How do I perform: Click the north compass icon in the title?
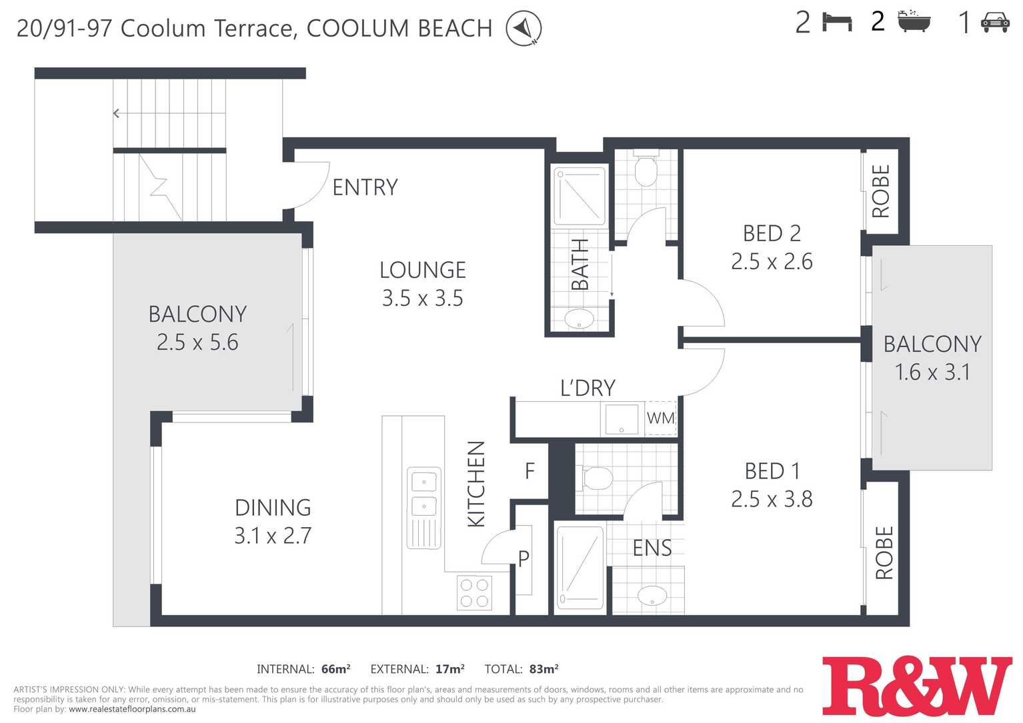click(x=524, y=28)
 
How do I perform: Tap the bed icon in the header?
click(x=837, y=22)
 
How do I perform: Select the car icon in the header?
click(x=995, y=23)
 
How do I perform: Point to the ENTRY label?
click(x=365, y=187)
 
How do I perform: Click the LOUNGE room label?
click(x=422, y=270)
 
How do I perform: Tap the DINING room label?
click(x=273, y=508)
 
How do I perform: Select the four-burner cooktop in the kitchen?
click(x=474, y=593)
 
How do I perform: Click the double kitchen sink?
click(x=424, y=508)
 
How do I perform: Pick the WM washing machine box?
click(x=660, y=418)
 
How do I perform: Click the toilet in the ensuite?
click(x=595, y=478)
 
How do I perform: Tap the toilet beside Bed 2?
click(x=646, y=169)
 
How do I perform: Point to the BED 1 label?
click(x=772, y=471)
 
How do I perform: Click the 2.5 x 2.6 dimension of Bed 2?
click(x=772, y=261)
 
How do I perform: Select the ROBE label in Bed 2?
click(x=881, y=191)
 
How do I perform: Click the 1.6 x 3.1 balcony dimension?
click(x=932, y=372)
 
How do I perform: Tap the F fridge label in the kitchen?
click(x=530, y=471)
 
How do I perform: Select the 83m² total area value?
click(x=544, y=669)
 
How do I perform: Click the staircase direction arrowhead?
click(x=116, y=113)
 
